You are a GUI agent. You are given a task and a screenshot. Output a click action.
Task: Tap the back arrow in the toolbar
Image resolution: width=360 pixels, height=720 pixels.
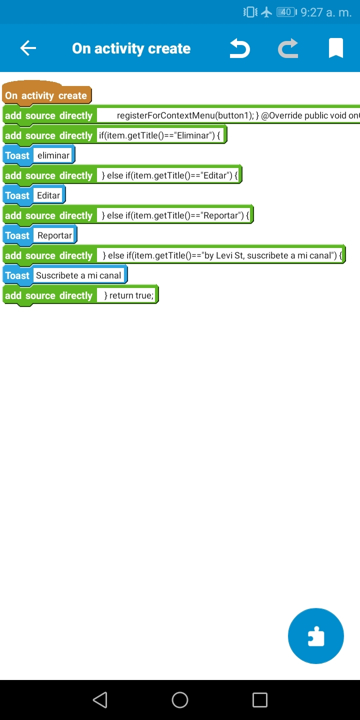28,48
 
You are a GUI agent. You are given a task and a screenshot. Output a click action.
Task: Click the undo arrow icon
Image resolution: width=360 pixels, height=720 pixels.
239,48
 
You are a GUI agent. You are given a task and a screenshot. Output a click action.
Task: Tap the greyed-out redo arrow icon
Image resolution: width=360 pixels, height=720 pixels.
288,48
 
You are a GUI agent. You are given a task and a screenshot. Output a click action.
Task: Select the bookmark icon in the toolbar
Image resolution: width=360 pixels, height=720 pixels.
335,48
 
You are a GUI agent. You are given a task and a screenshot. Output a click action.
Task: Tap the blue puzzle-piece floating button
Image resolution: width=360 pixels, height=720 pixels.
316,636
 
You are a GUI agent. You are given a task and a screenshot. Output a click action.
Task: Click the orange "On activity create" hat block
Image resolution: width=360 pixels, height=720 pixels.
46,95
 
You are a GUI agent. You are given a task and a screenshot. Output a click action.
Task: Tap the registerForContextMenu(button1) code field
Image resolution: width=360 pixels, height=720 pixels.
228,115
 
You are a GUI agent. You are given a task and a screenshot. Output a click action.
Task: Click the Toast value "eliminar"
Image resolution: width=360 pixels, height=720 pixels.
53,155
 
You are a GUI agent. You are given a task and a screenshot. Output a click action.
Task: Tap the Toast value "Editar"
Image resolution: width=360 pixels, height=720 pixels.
48,195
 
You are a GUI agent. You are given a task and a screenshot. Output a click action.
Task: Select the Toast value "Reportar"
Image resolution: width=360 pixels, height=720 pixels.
54,235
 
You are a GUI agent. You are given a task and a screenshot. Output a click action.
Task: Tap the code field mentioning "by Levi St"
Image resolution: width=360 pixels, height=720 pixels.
220,255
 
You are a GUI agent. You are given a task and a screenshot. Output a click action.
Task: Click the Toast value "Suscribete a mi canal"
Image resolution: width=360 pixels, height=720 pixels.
78,275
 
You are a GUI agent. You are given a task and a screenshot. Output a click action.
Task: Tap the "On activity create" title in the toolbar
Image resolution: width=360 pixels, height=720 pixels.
131,48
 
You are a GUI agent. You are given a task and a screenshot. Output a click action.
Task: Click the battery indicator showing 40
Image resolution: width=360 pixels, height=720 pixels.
286,12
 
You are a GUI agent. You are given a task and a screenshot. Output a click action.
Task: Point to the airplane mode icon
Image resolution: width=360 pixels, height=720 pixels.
266,12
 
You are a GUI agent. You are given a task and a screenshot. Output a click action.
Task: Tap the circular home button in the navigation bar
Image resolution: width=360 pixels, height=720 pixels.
180,700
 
